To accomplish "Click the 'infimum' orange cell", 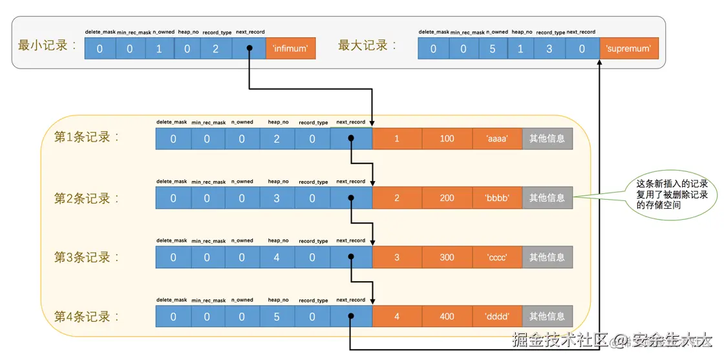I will tap(290, 48).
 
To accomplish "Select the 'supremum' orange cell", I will tap(629, 48).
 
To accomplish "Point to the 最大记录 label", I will tap(367, 46).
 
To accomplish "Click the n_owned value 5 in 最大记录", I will tap(492, 48).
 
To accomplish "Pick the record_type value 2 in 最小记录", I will tap(216, 48).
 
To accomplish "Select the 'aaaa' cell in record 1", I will tap(497, 138).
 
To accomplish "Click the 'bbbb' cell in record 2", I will tap(497, 198).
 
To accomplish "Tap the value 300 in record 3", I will tap(447, 257).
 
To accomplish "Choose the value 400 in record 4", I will tap(447, 317).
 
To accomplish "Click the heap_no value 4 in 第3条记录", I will tap(277, 257).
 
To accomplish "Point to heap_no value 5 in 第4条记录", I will tap(277, 317).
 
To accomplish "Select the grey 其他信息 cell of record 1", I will tap(547, 138).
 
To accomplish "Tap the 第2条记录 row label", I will tap(87, 198).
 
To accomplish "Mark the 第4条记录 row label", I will tap(87, 317).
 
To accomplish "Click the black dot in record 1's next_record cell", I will tap(350, 138).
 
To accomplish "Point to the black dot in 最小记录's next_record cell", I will tap(249, 48).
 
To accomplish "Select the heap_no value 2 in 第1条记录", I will tap(277, 138).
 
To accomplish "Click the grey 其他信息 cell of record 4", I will tap(547, 317).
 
